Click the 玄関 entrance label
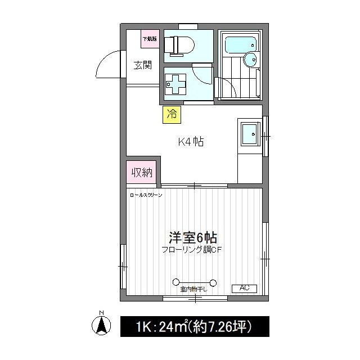[143, 65]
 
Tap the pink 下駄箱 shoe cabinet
[150, 39]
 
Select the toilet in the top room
[180, 45]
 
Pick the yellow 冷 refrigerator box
[172, 115]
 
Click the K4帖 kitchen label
[191, 142]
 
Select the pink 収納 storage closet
[142, 173]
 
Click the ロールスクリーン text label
[146, 195]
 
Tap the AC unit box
[244, 288]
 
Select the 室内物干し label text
[194, 290]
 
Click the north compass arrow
[101, 325]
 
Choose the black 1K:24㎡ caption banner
[195, 326]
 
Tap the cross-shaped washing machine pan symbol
[175, 84]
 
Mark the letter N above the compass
[101, 313]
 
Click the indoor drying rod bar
[194, 282]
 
